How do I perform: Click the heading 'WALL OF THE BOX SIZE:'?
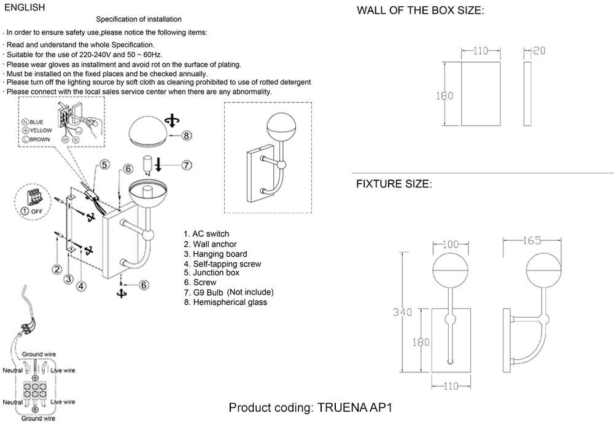pyautogui.click(x=421, y=11)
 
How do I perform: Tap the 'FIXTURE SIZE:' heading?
pyautogui.click(x=394, y=184)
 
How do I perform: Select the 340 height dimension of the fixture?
pyautogui.click(x=402, y=313)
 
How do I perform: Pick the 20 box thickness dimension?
pyautogui.click(x=538, y=51)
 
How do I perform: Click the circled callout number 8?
pyautogui.click(x=187, y=136)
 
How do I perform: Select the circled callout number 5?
pyautogui.click(x=104, y=164)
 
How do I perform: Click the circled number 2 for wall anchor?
pyautogui.click(x=56, y=269)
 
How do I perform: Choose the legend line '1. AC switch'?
pyautogui.click(x=206, y=234)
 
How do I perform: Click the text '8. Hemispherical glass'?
pyautogui.click(x=225, y=302)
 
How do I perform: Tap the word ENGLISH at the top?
pyautogui.click(x=24, y=8)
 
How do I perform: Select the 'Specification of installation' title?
pyautogui.click(x=139, y=20)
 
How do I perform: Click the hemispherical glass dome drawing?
pyautogui.click(x=151, y=130)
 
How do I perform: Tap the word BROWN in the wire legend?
pyautogui.click(x=40, y=139)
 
